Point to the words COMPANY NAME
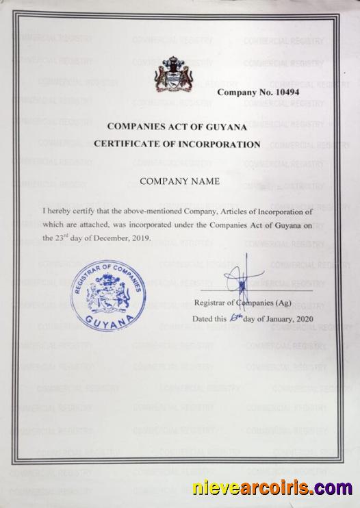pyautogui.click(x=179, y=181)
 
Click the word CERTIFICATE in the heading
pyautogui.click(x=127, y=144)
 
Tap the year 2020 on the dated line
pyautogui.click(x=300, y=320)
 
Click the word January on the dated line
pyautogui.click(x=274, y=320)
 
